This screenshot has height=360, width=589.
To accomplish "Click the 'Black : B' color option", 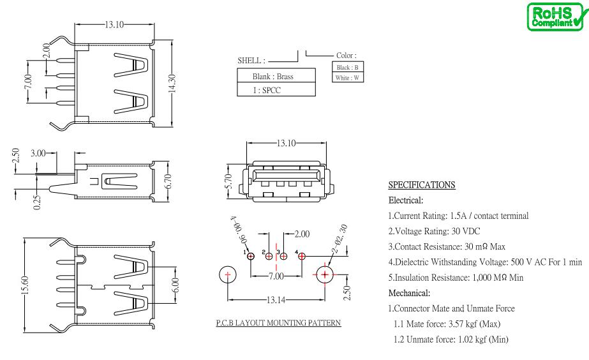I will [x=347, y=67].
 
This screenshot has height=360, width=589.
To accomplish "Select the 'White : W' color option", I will [x=347, y=78].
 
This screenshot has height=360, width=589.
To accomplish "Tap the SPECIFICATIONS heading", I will [x=422, y=186].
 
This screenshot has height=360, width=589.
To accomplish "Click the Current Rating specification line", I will [x=458, y=216].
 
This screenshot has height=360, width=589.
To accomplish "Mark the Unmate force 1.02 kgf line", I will [x=451, y=339].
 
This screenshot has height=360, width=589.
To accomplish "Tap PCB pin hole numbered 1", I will [x=250, y=257].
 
